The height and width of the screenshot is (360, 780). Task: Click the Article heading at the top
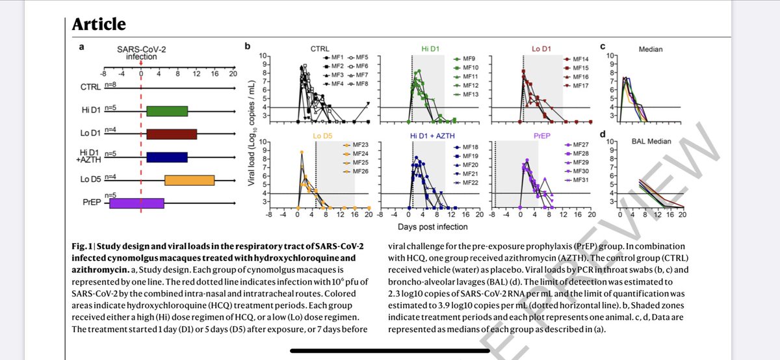(99, 25)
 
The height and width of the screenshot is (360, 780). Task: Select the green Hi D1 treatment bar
(167, 111)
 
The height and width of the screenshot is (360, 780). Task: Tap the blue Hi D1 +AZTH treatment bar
(167, 157)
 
